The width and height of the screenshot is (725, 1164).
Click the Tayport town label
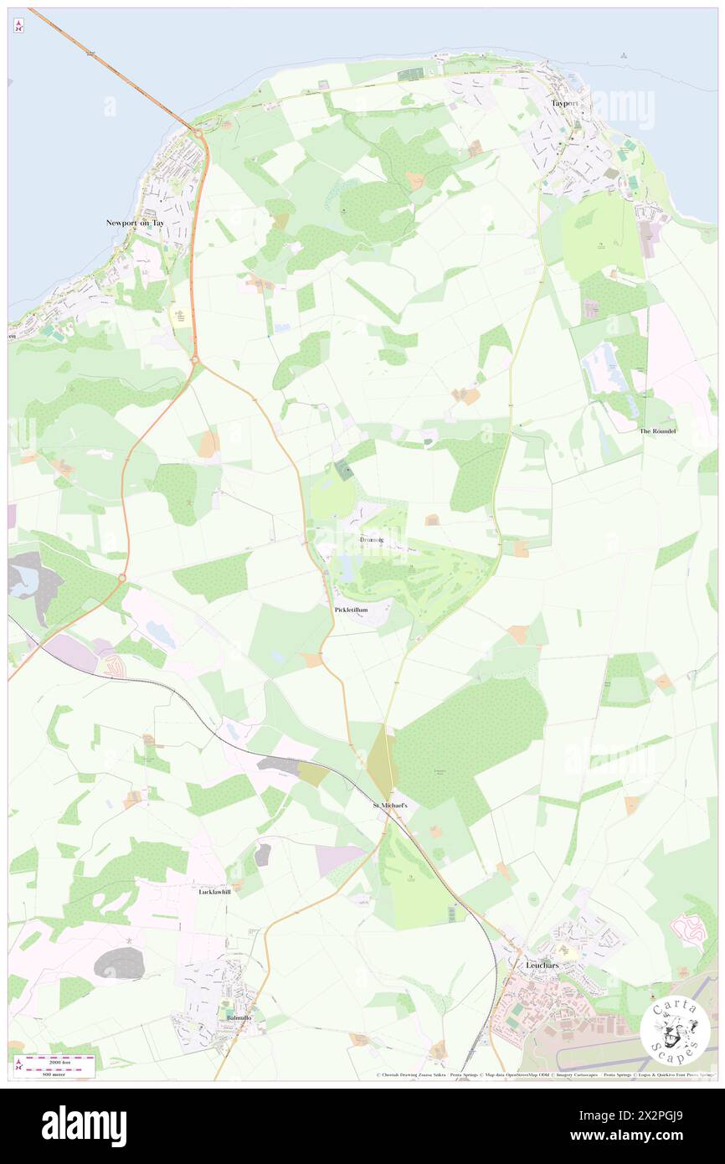coord(566,103)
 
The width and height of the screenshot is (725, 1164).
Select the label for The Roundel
coord(657,430)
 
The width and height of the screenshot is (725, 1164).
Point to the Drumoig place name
coord(371,540)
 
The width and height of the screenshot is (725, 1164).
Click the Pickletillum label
coord(351,610)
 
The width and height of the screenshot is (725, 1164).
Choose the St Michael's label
coord(389,805)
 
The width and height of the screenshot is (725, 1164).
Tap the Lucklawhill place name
coord(214,892)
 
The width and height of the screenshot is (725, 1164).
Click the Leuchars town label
coord(541,965)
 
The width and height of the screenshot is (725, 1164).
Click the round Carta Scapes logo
coord(675,1031)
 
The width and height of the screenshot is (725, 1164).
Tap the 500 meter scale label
coord(57,1073)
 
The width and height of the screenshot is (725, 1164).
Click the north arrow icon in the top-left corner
coord(19,25)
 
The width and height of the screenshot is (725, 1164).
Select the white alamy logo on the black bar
coord(84,1126)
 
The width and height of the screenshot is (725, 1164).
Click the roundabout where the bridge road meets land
coord(198,131)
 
